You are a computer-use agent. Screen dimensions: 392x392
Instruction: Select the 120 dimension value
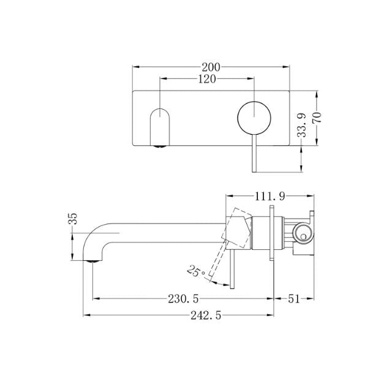point(207,78)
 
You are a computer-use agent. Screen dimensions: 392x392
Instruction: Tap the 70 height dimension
point(317,118)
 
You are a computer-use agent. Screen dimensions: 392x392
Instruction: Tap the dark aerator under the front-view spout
point(159,146)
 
